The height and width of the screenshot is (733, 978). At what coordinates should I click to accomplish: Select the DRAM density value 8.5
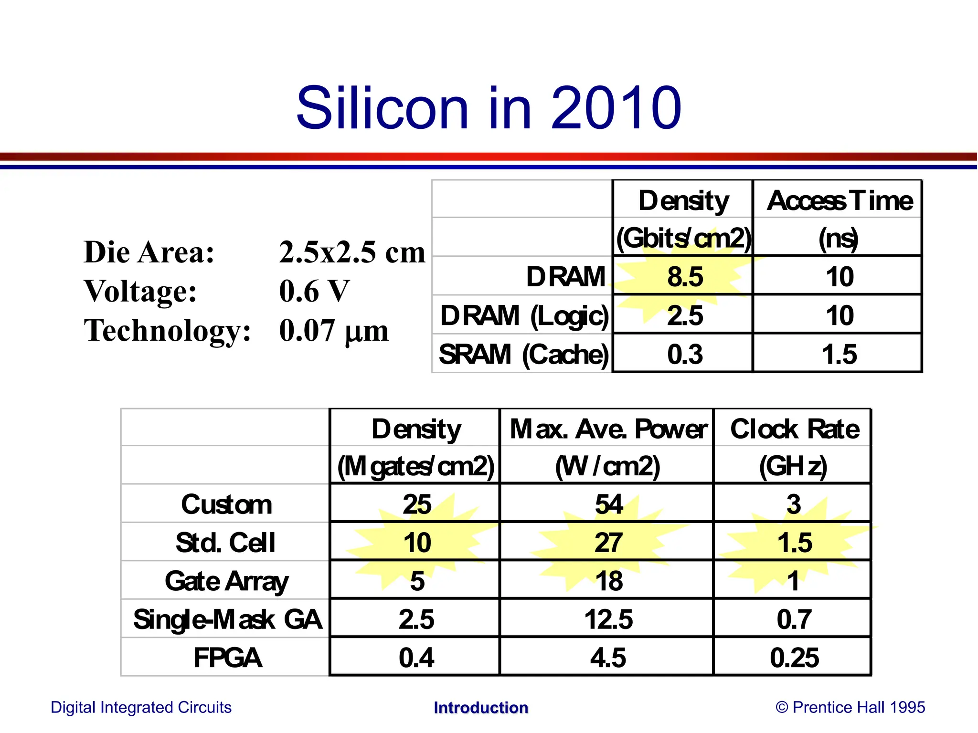[x=685, y=277]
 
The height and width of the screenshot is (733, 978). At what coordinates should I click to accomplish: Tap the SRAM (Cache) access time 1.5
[x=839, y=354]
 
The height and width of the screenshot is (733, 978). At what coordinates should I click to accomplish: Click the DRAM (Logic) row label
[x=524, y=316]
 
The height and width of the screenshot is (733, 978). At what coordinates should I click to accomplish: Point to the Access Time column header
[x=840, y=200]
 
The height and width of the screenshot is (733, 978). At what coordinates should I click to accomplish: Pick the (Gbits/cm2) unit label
[x=683, y=238]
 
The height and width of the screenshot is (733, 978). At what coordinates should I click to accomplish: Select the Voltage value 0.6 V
[x=314, y=291]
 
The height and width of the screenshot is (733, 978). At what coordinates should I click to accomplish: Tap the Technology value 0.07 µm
[x=333, y=331]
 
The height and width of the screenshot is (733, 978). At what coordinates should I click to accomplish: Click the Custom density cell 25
[x=416, y=504]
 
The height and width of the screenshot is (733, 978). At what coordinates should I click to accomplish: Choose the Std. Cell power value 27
[x=608, y=543]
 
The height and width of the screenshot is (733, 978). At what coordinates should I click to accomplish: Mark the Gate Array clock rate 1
[x=793, y=581]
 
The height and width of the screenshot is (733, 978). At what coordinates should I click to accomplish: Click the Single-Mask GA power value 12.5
[x=608, y=619]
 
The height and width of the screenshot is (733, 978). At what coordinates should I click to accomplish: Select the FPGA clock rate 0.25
[x=794, y=658]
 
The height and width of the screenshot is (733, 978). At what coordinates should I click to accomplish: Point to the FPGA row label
[x=227, y=658]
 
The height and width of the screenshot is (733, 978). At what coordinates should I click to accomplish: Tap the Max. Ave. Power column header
[x=608, y=429]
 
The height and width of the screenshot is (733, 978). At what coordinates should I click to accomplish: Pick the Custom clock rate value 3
[x=793, y=504]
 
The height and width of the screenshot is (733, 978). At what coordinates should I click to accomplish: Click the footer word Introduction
[x=480, y=707]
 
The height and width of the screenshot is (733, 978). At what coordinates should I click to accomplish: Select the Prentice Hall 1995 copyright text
[x=850, y=707]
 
